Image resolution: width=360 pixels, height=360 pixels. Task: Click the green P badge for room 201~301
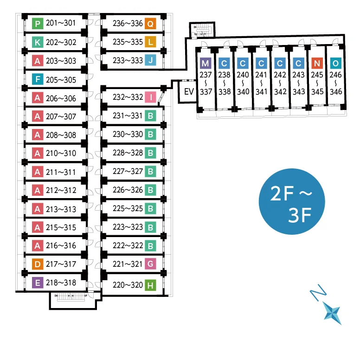[x=38, y=23]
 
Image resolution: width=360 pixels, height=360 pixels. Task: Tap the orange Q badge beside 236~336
[x=150, y=23]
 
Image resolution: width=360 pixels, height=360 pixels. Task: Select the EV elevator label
[x=189, y=91]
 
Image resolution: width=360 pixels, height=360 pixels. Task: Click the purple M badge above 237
[x=206, y=63]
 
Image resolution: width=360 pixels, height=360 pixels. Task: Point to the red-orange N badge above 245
[x=317, y=63]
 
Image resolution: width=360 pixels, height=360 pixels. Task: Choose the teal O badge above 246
[x=336, y=63]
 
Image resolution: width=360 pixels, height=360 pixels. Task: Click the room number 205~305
[x=61, y=80]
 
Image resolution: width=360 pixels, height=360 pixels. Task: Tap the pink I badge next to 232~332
[x=150, y=97]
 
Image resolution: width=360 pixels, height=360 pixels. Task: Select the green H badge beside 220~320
[x=150, y=285]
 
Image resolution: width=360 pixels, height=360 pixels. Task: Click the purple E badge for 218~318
[x=38, y=283]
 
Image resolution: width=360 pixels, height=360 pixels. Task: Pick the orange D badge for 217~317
[x=38, y=264]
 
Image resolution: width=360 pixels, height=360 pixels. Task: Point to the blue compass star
[x=332, y=313]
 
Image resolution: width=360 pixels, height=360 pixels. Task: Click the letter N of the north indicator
[x=318, y=292]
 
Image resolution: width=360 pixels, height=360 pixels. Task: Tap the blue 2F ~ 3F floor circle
[x=292, y=202]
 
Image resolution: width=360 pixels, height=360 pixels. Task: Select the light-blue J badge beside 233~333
[x=150, y=60]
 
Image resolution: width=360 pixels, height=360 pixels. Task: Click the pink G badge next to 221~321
[x=150, y=264]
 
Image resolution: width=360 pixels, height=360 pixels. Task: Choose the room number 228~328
[x=128, y=153]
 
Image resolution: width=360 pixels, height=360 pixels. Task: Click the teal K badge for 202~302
[x=38, y=42]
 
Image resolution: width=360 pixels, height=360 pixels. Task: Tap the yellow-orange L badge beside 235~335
[x=150, y=42]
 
